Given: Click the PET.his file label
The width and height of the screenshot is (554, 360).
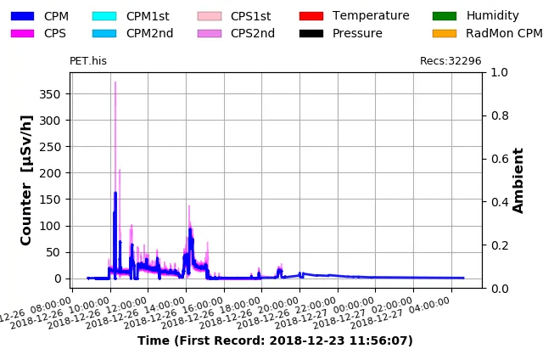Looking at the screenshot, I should point(88,61).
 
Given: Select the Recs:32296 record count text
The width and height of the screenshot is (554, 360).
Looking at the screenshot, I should point(450,61).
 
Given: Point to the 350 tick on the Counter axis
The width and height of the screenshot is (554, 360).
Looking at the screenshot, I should point(51,93).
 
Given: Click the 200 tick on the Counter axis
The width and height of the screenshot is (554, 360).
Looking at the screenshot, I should point(51,173).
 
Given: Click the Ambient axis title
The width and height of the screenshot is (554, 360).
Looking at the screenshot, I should point(519,180).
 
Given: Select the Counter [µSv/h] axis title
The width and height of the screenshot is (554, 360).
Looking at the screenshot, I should point(27,180).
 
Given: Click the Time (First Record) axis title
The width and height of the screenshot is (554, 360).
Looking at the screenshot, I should point(275,341).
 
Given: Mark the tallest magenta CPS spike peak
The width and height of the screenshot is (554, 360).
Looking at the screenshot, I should point(115,82).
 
